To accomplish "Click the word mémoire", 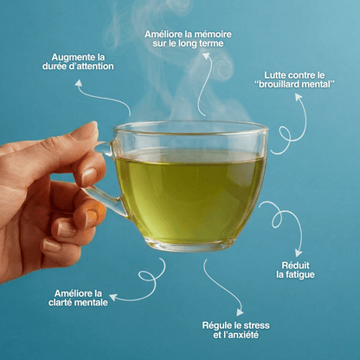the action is tap(212, 35).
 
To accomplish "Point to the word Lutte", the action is tap(275, 75).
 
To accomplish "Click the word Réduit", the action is tap(295, 266).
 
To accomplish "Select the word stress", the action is tap(256, 325).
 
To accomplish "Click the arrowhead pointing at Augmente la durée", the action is tap(79, 83).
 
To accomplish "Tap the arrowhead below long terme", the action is tap(207, 55).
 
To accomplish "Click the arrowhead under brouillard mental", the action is tap(299, 97).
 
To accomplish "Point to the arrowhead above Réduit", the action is tap(299, 254).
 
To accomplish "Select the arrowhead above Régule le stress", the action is tap(240, 312).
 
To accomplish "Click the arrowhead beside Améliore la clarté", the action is tap(112, 297).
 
